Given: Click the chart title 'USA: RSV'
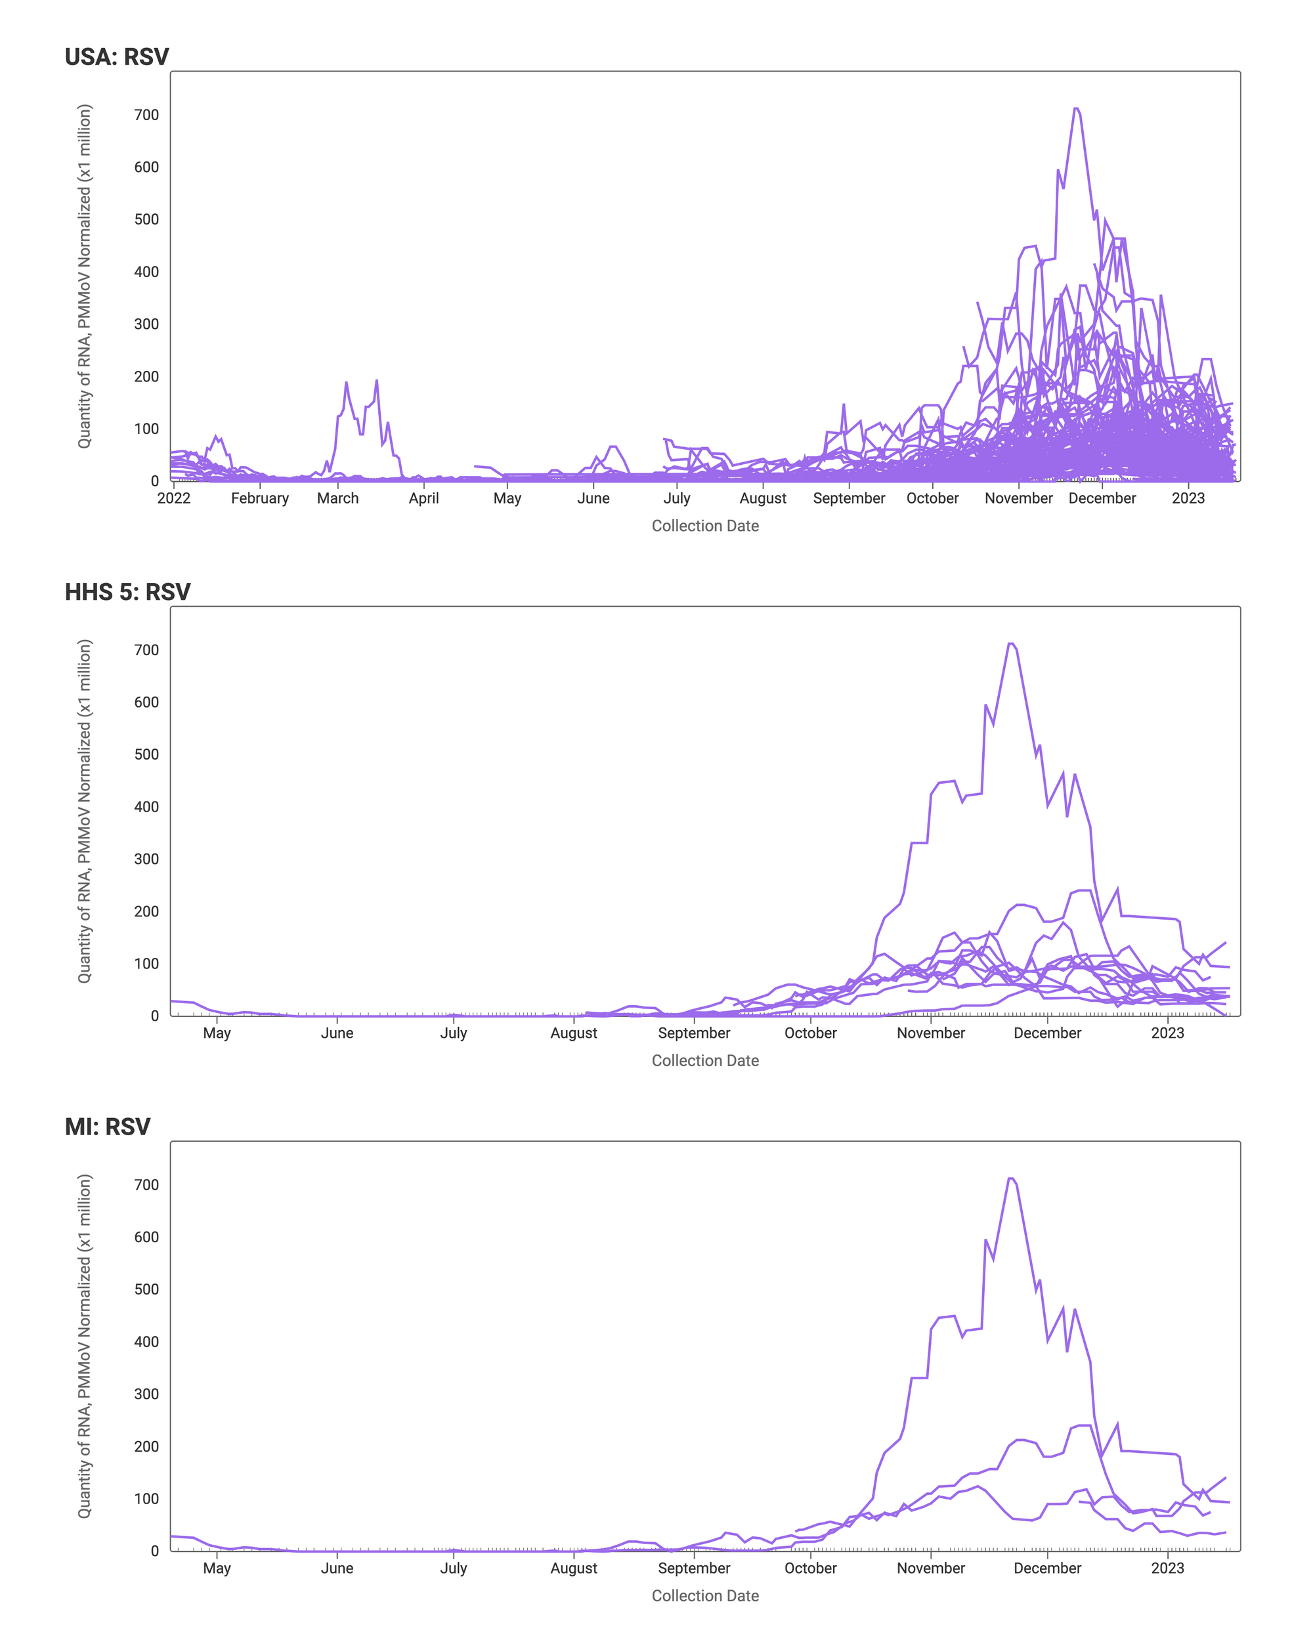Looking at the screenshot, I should pos(116,57).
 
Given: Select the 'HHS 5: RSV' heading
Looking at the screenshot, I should pos(127,592).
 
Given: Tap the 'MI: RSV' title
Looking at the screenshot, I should pos(107,1127).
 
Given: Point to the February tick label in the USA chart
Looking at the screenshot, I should pos(259,498).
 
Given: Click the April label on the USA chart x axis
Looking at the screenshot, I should pos(423,498).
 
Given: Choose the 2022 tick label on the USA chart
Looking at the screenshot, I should pos(173,498).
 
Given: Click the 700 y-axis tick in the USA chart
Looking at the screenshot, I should pos(146,115).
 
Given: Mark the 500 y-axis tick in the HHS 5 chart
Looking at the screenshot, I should pos(146,754).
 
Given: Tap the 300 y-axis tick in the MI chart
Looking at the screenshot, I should pos(146,1394).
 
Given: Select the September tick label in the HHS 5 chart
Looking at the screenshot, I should pos(694,1033).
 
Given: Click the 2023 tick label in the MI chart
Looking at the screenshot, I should pos(1167,1568).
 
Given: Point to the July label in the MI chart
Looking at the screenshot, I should pos(454,1568).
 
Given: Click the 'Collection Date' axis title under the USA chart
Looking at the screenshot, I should pos(705,526).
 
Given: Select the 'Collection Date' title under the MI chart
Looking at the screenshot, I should pos(705,1596).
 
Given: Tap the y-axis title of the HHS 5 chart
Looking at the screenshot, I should pos(85,811).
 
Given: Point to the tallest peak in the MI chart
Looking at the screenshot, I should pos(1011,1179).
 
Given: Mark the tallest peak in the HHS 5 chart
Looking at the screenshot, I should pos(1011,644).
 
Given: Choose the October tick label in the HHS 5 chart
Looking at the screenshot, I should pos(810,1033).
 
